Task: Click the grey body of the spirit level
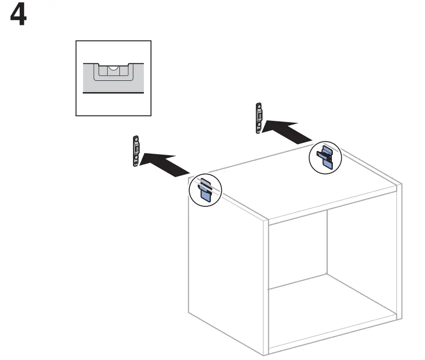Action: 89,78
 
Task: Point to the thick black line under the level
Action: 113,93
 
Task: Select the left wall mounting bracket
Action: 136,151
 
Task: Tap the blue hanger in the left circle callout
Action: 205,190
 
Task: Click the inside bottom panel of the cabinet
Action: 334,305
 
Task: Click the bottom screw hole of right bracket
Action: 259,127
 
